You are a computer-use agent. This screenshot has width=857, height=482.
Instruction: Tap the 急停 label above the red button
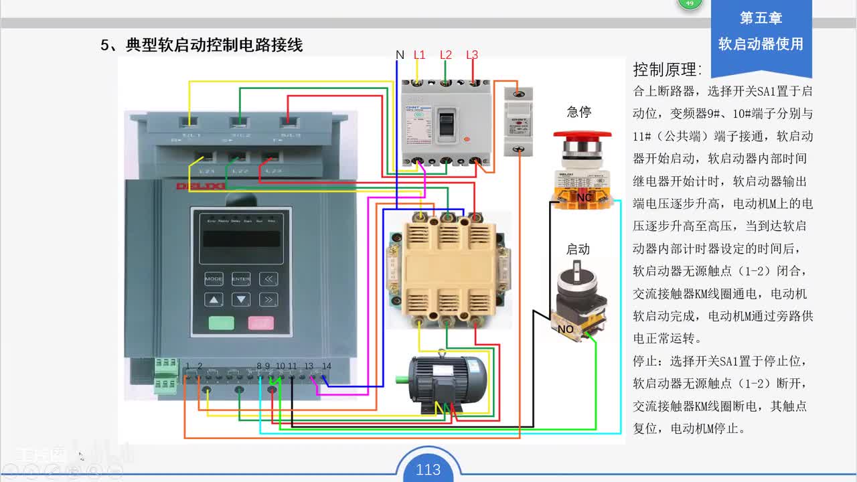[579, 112]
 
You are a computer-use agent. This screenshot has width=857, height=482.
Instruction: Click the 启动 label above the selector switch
[578, 249]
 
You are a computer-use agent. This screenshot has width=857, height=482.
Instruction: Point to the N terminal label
[400, 55]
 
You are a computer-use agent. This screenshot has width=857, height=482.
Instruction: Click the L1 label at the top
[419, 55]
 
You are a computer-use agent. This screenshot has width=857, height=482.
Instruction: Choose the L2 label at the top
[446, 55]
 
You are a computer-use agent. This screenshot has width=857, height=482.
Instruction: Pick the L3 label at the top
[472, 55]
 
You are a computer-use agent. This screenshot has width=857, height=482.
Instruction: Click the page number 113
[428, 470]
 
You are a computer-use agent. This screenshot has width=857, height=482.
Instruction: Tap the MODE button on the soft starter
[214, 278]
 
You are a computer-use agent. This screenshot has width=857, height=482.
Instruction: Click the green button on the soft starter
[221, 323]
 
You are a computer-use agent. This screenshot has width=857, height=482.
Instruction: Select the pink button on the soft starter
[261, 323]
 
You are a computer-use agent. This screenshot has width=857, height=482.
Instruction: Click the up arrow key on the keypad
[214, 300]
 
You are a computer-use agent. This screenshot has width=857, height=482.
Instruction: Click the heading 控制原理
[667, 70]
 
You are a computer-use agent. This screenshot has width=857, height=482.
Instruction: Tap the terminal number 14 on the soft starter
[326, 366]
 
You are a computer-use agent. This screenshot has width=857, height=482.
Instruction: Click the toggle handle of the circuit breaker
[445, 124]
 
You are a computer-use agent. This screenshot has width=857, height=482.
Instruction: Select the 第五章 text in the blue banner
[761, 18]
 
